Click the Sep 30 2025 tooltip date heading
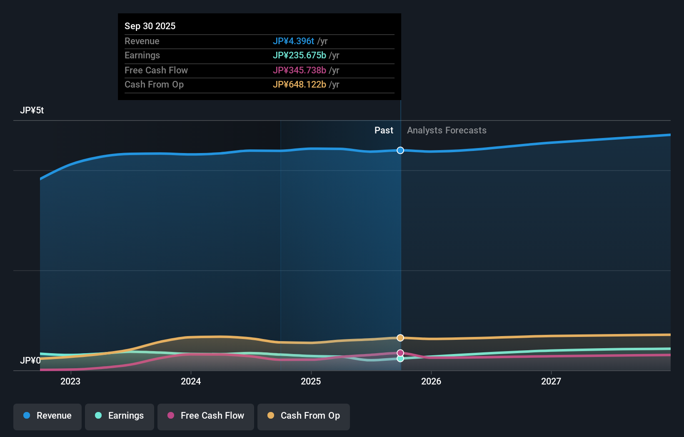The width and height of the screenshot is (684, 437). point(150,26)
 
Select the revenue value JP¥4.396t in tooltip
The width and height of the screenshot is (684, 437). point(293,41)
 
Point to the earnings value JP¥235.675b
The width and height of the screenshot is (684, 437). point(299,55)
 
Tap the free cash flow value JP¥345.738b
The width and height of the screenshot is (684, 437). point(299,70)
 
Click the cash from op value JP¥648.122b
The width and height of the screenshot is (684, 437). point(299,84)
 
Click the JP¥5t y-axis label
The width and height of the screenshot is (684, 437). point(32,110)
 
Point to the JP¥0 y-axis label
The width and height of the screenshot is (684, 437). point(30,360)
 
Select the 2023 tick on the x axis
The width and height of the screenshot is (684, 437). point(70,381)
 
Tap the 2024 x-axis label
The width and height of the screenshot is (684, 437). point(191,381)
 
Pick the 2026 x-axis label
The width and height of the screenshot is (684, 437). point(431,381)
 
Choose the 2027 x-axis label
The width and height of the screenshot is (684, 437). point(551,381)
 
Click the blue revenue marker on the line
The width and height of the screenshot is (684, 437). point(400,150)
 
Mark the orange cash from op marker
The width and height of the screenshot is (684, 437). point(400,338)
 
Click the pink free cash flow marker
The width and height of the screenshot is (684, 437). point(400,353)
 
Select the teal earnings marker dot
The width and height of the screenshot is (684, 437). point(400,359)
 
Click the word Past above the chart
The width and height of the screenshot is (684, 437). point(384,130)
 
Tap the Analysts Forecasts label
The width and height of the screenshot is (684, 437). point(447,130)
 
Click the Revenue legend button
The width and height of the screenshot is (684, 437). point(47,416)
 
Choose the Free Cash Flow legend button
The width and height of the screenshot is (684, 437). point(206,416)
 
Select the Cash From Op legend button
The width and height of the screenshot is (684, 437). point(304,416)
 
